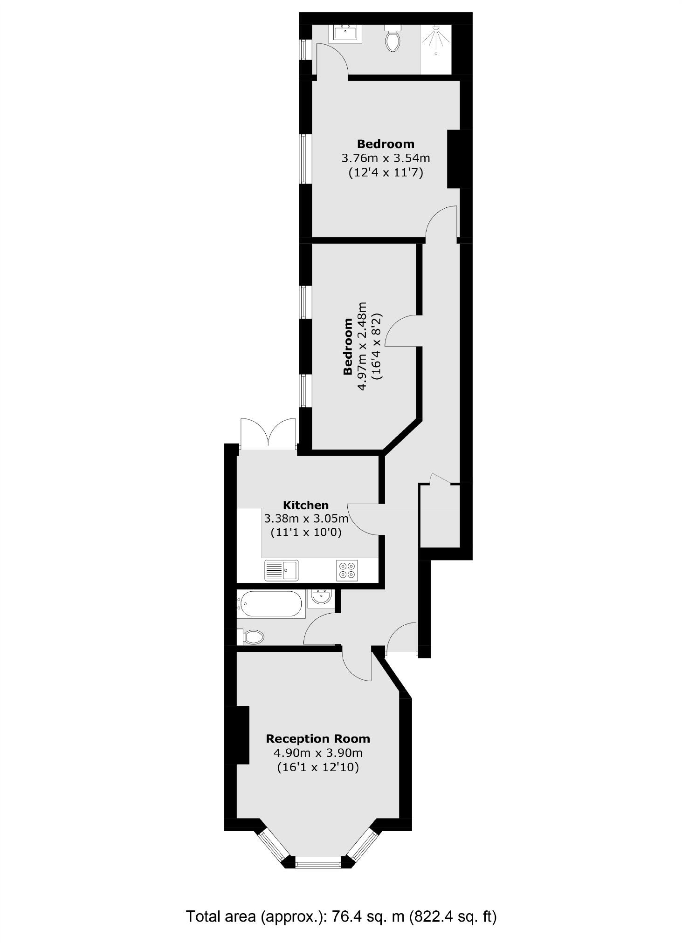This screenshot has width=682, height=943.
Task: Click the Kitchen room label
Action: pyautogui.click(x=306, y=505)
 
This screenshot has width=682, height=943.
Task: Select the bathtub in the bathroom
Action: pyautogui.click(x=270, y=604)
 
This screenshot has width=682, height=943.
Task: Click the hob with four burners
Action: pyautogui.click(x=347, y=570)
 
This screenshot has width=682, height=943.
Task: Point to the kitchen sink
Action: pyautogui.click(x=281, y=570)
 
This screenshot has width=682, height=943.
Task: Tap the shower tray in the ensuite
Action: pyautogui.click(x=436, y=49)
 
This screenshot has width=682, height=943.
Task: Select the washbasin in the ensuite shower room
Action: pyautogui.click(x=345, y=33)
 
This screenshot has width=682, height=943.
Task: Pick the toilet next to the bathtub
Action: pyautogui.click(x=252, y=636)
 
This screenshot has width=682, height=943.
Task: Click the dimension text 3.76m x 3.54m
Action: pyautogui.click(x=386, y=158)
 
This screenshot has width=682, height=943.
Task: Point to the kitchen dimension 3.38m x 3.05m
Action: pyautogui.click(x=306, y=519)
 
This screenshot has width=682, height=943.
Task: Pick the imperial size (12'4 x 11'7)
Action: pyautogui.click(x=386, y=173)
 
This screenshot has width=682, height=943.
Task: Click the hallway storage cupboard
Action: pyautogui.click(x=440, y=516)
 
